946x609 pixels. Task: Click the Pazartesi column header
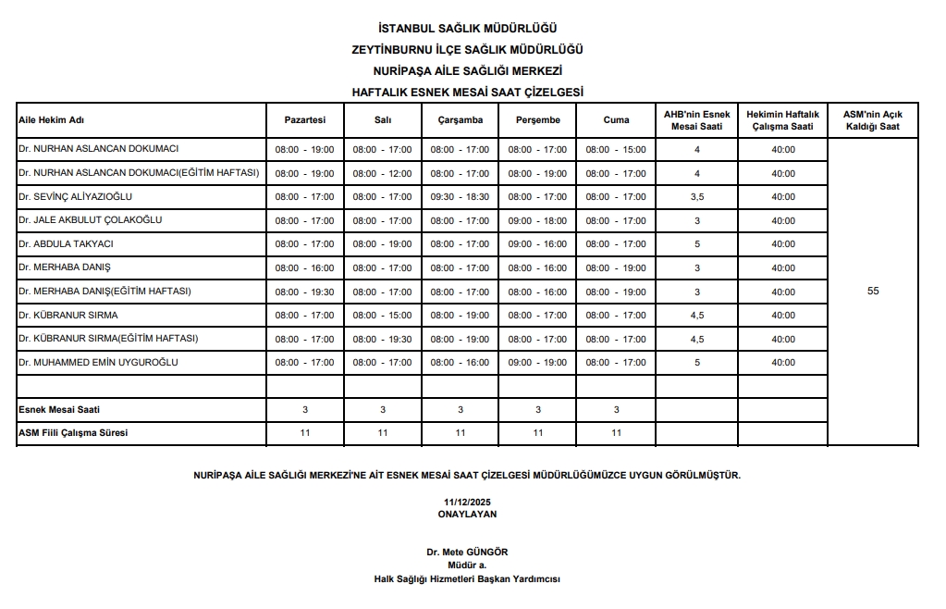[x=304, y=119]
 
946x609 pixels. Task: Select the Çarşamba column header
[x=460, y=119]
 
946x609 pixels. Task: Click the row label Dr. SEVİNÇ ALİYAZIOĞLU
[x=76, y=196]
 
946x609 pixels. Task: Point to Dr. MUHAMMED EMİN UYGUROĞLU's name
[x=98, y=362]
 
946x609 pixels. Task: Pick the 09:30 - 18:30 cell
[x=460, y=197]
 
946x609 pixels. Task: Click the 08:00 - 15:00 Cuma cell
[x=616, y=149]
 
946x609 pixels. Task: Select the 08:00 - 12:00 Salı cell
[x=382, y=173]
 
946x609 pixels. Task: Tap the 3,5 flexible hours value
[x=697, y=197]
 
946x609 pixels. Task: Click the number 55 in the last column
[x=873, y=292]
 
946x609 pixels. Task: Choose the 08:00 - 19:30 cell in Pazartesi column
[x=304, y=292]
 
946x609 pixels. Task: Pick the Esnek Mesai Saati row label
[x=58, y=409]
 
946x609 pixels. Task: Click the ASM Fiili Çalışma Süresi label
[x=73, y=432]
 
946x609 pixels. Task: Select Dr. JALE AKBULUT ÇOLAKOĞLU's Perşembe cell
[x=537, y=220]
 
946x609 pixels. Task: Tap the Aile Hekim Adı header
[x=52, y=119]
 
